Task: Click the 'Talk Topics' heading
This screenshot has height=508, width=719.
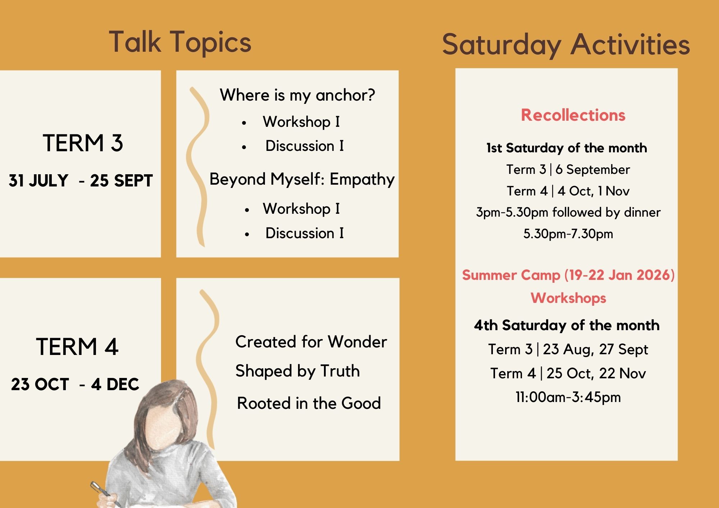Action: click(180, 42)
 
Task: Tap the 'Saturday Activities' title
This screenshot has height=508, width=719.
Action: click(566, 45)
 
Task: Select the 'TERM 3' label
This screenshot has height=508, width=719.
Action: click(83, 143)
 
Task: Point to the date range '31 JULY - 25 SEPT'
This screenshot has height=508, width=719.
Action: click(81, 180)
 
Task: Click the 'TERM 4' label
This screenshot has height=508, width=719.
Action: click(77, 347)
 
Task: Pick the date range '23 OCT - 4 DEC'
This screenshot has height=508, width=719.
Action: click(75, 384)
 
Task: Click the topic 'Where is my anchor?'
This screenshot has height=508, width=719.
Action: click(297, 95)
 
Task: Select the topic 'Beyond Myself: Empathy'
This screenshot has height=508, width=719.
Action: click(302, 179)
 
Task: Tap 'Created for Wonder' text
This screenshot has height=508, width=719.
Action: click(311, 341)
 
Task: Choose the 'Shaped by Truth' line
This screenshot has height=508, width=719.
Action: click(298, 371)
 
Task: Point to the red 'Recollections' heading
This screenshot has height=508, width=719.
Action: click(573, 115)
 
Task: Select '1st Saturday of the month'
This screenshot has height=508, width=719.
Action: click(567, 148)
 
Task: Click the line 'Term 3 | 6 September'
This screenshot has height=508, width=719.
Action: click(568, 170)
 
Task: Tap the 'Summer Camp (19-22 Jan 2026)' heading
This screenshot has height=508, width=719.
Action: click(568, 275)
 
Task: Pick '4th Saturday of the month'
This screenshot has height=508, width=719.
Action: click(567, 325)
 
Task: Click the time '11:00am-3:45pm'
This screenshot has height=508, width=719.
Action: click(568, 397)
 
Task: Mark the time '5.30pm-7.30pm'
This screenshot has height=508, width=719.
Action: click(568, 234)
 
